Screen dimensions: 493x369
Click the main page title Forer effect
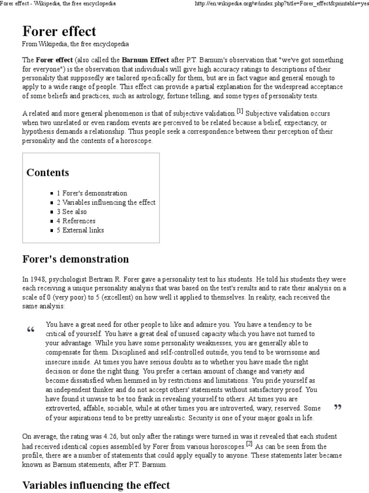tap(59, 31)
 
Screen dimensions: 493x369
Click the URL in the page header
tap(281, 4)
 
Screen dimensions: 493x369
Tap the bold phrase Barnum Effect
tap(145, 60)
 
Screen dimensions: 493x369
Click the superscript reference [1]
tap(239, 111)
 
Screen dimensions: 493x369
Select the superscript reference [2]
tap(249, 443)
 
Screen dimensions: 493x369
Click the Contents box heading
tap(48, 172)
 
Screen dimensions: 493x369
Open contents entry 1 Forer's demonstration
tap(92, 193)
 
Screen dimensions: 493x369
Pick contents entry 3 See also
tap(73, 211)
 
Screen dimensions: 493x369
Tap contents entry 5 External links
tap(80, 230)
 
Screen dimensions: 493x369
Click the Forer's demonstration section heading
tap(75, 259)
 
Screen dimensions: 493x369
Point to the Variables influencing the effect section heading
tap(96, 485)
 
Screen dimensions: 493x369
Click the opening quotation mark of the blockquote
tap(31, 330)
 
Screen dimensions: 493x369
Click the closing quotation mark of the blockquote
tap(337, 408)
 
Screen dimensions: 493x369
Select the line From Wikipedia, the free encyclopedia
tap(75, 44)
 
